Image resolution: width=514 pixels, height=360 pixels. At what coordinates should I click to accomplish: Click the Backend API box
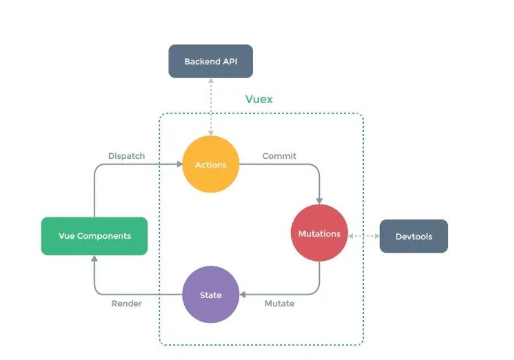(210, 61)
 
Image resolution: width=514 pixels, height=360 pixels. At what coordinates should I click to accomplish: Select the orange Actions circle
(211, 164)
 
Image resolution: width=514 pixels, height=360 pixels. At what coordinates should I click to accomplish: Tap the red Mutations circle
(319, 233)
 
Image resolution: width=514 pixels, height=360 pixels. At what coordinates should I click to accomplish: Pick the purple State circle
(210, 294)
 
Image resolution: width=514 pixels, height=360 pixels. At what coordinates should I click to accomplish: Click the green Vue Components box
(94, 236)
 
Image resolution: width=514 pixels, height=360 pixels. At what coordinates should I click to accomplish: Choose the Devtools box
(414, 237)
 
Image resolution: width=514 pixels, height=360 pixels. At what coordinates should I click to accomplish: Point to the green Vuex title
(259, 100)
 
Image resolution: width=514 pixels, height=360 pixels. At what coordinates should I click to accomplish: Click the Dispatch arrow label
(126, 156)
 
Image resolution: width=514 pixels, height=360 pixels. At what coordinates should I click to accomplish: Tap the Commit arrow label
(279, 156)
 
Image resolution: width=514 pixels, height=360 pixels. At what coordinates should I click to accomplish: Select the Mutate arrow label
(279, 303)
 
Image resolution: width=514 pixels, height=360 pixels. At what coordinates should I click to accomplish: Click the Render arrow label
(126, 303)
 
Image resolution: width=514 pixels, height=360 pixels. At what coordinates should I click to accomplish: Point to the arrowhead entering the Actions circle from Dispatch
(179, 164)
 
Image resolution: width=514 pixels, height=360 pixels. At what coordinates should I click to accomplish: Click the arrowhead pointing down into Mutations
(319, 200)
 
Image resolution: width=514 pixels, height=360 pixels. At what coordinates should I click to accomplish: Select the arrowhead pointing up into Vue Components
(94, 259)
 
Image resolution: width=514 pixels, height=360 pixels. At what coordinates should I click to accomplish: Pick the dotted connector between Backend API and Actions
(210, 108)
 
